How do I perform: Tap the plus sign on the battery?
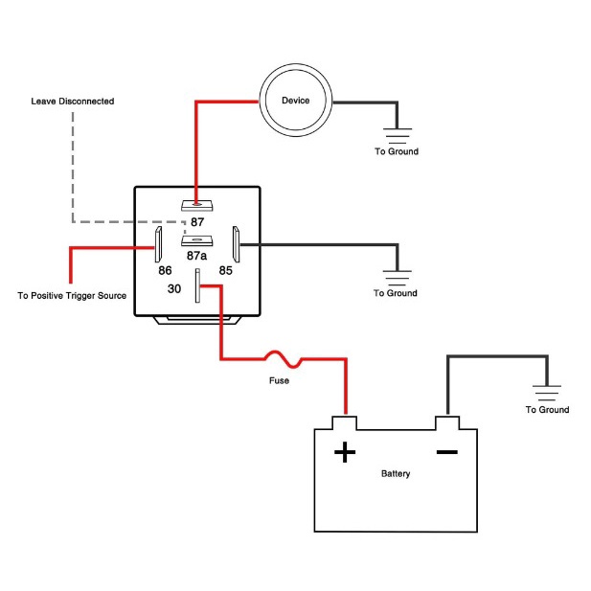[x=344, y=451]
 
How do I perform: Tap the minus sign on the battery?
[x=446, y=451]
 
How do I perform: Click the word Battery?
[x=396, y=474]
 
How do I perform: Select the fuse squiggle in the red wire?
[x=284, y=359]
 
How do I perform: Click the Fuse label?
[x=279, y=380]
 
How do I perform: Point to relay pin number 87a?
[x=197, y=257]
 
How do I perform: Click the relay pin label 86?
[x=166, y=271]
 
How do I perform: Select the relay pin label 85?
[x=226, y=271]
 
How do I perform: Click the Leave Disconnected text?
[x=73, y=101]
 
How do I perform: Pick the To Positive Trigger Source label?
[x=73, y=296]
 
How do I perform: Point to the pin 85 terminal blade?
[x=236, y=244]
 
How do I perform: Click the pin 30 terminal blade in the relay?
[x=197, y=285]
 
